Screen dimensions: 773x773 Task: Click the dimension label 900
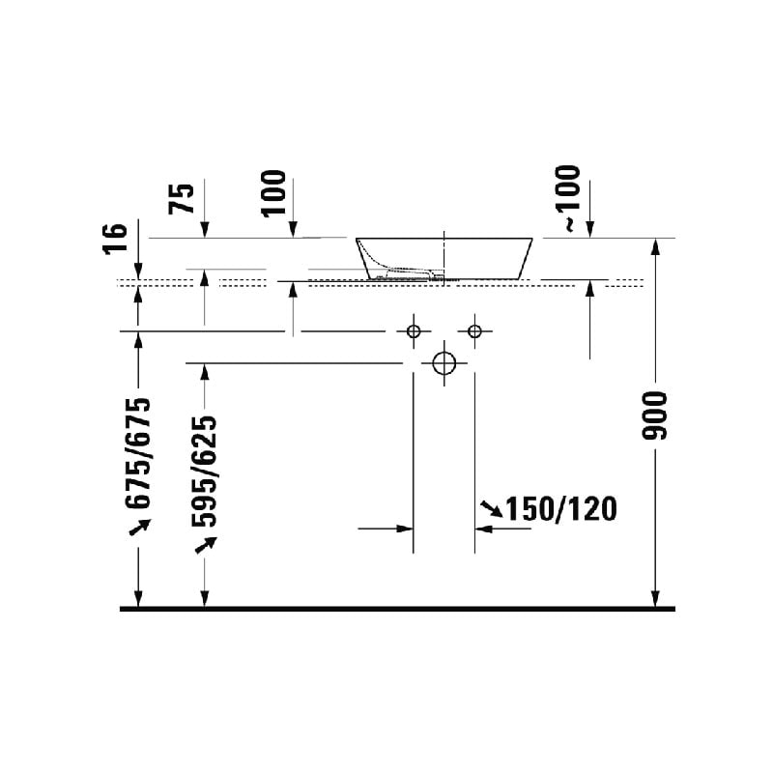coord(655,415)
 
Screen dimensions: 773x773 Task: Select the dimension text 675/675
coord(138,453)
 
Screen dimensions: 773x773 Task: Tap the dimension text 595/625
coord(205,472)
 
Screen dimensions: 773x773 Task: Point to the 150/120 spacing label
coord(561,509)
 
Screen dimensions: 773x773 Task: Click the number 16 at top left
coord(115,239)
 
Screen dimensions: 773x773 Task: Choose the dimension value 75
coord(182,199)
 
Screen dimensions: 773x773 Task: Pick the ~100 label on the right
coord(568,199)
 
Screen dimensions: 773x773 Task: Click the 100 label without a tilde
coord(274,193)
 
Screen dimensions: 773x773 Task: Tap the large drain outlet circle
coord(444,364)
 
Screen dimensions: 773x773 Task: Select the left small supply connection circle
coord(414,330)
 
